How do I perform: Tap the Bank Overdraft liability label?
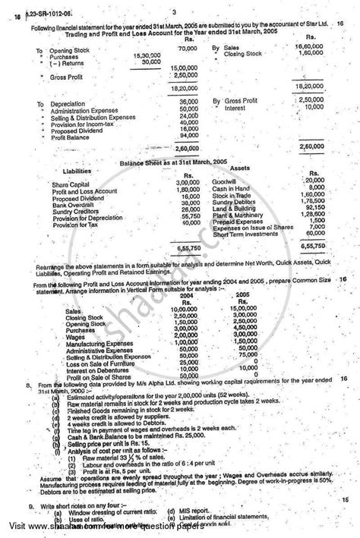[x=71, y=203]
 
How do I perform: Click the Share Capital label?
[x=69, y=183]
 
